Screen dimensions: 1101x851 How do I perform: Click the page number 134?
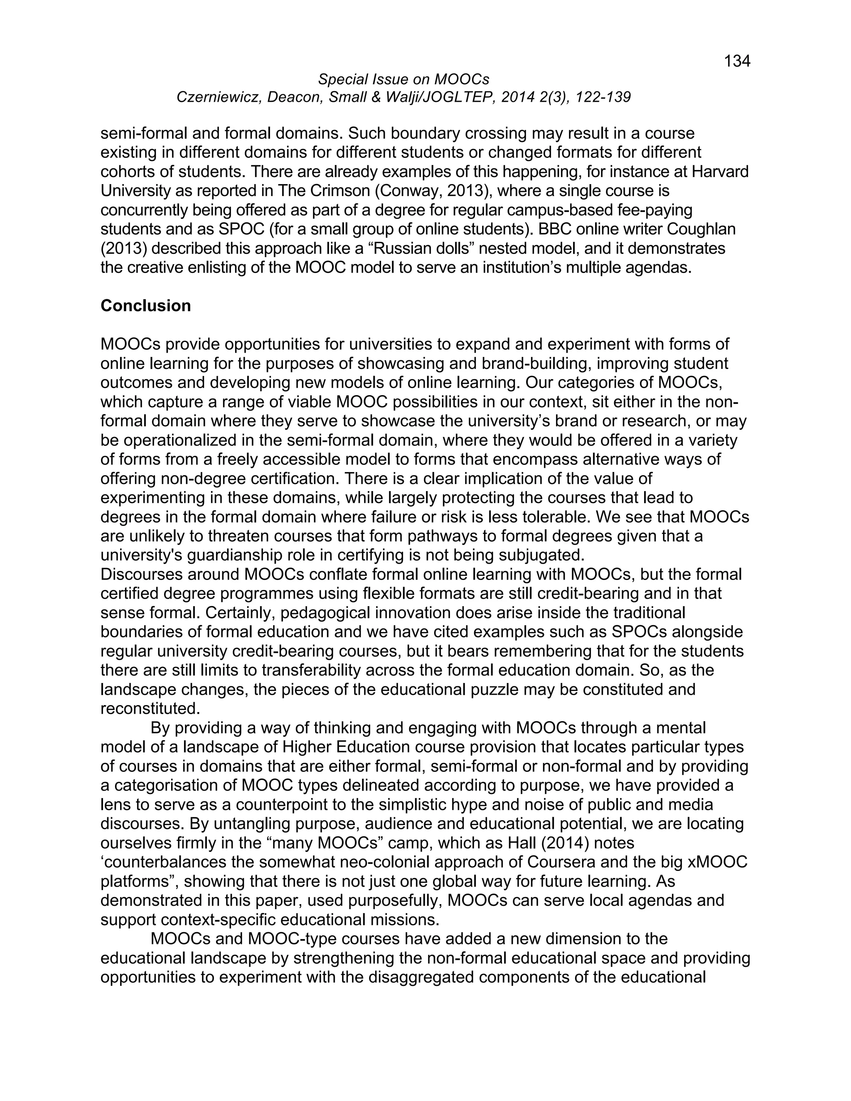point(737,61)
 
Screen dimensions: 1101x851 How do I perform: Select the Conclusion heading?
point(146,305)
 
